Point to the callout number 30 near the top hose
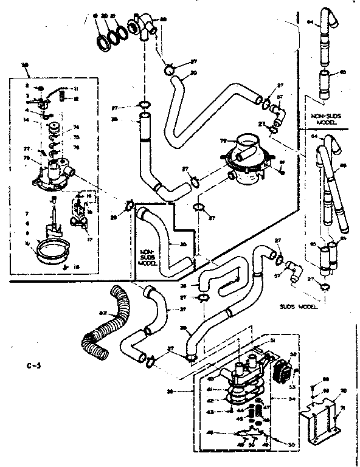coord(193,73)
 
